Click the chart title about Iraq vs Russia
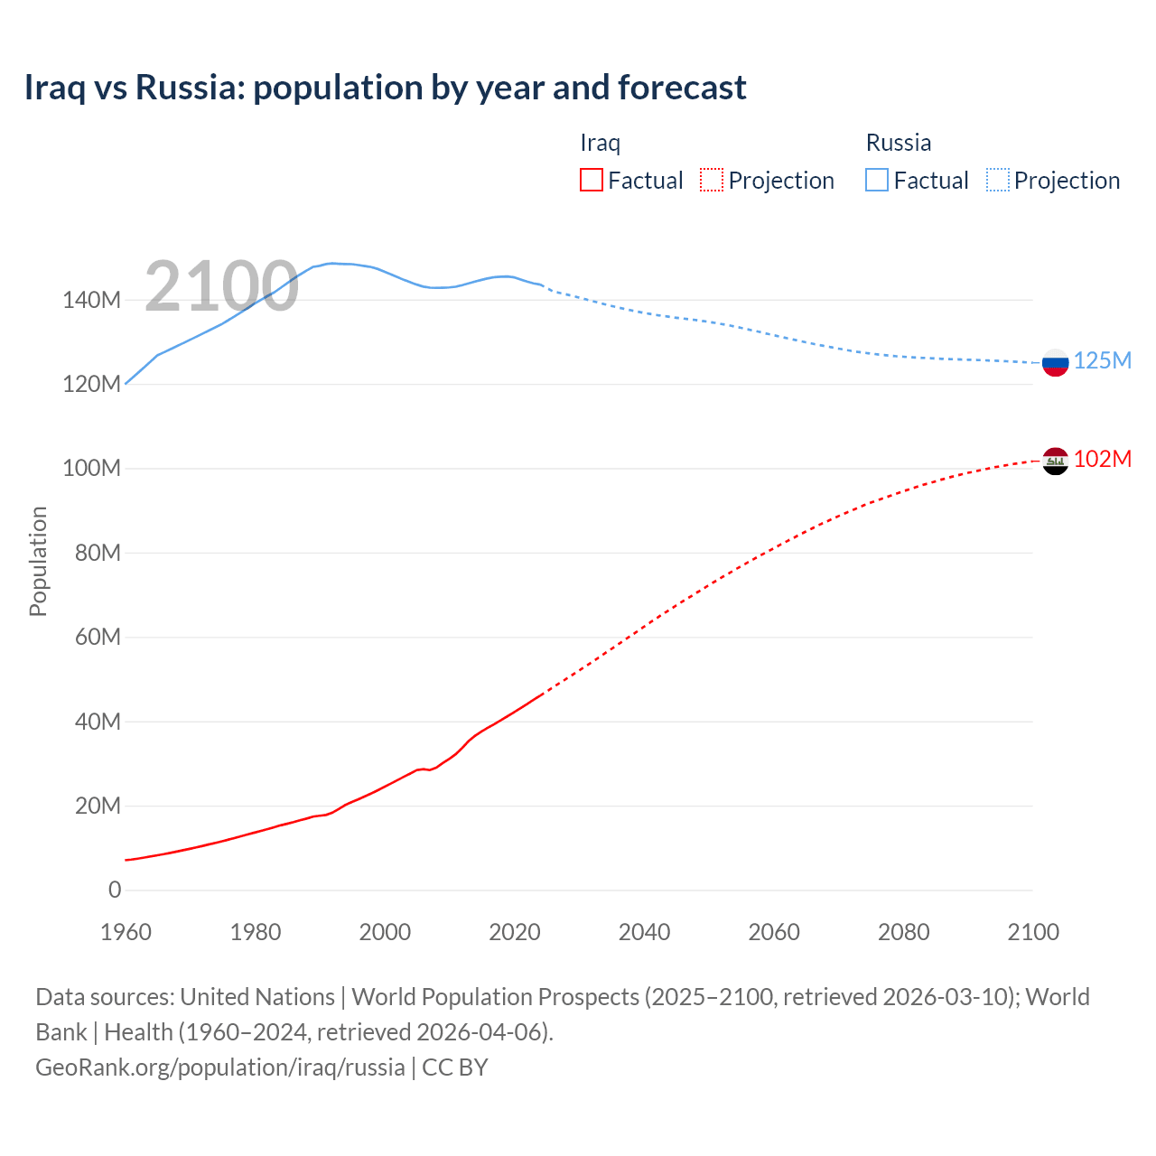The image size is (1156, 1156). click(x=385, y=88)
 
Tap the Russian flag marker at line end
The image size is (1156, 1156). click(x=1055, y=363)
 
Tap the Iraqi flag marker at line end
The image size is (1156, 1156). click(x=1055, y=461)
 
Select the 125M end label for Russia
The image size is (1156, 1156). click(x=1102, y=360)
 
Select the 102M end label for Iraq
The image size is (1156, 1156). click(x=1102, y=459)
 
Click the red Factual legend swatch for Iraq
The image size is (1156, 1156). click(x=591, y=180)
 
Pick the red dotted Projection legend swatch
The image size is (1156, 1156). click(x=712, y=180)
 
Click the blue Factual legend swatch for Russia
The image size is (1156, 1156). click(x=876, y=180)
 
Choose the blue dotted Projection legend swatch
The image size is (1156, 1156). click(x=997, y=180)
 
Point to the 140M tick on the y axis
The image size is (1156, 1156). click(x=91, y=300)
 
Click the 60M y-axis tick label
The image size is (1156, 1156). click(x=98, y=638)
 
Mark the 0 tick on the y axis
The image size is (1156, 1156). click(x=115, y=890)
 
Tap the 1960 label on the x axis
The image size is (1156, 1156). click(x=126, y=932)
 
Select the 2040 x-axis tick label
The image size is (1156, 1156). click(x=644, y=932)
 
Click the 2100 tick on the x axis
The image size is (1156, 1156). click(x=1032, y=932)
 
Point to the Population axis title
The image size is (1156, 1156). click(x=38, y=561)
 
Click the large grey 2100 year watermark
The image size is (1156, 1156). click(x=221, y=286)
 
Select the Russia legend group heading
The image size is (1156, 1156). click(x=898, y=143)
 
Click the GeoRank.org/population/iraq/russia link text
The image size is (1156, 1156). click(x=220, y=1067)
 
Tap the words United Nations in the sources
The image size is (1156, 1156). click(x=257, y=997)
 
